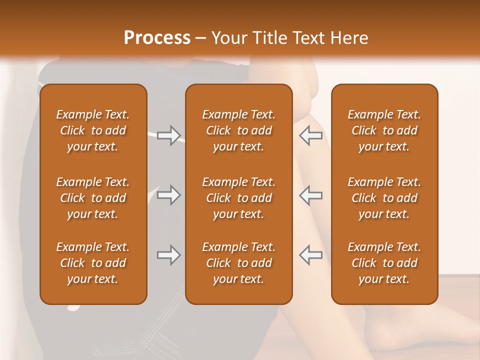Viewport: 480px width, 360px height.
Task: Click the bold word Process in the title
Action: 157,38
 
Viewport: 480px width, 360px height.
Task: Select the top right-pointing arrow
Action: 168,135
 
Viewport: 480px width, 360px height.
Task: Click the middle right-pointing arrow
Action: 168,195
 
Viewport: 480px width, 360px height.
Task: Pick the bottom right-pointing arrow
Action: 168,255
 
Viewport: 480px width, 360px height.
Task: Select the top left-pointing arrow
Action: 311,135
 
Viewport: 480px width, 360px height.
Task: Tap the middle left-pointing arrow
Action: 311,195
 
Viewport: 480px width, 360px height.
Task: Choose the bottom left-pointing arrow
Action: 311,255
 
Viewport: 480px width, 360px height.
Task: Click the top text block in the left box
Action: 93,130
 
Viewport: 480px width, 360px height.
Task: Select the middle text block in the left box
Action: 93,198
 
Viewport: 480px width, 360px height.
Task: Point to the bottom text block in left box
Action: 93,263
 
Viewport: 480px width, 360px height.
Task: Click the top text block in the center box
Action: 238,130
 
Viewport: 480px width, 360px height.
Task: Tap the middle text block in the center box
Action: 238,198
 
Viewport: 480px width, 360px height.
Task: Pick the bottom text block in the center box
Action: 238,263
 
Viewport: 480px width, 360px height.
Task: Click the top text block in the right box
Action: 384,130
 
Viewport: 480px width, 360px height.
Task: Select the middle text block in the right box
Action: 384,198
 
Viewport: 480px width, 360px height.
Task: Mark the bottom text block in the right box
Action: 384,263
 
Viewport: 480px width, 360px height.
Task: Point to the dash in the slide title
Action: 201,38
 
